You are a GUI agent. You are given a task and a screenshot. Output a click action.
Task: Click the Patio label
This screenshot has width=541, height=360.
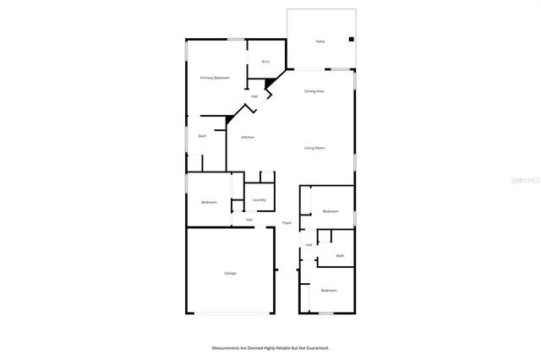click(320, 41)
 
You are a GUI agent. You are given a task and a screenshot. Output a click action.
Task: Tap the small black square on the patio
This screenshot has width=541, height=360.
click(351, 39)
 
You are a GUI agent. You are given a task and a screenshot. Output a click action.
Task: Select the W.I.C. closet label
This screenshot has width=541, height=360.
click(265, 62)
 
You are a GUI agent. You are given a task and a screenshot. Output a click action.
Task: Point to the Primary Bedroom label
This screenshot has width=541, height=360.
click(215, 78)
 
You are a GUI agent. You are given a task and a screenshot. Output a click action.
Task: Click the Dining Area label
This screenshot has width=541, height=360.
click(314, 90)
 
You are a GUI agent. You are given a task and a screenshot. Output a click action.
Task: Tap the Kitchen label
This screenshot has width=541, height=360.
click(248, 138)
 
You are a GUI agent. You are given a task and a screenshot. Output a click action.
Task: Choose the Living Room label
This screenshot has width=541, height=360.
click(314, 149)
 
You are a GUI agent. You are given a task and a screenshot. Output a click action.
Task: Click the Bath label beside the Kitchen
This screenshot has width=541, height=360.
click(202, 136)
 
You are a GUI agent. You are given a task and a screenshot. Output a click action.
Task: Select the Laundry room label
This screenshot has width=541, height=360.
click(259, 200)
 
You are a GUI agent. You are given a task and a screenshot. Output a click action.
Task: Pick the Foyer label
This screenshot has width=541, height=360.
click(287, 223)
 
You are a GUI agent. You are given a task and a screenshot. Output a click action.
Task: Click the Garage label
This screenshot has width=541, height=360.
click(230, 273)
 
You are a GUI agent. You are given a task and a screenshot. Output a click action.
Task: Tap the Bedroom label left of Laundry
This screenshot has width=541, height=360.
click(209, 202)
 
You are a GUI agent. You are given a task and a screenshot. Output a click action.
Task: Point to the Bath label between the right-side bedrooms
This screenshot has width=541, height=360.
click(340, 255)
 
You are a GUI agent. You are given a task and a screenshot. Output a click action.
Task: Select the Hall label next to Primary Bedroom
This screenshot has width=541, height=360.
click(254, 96)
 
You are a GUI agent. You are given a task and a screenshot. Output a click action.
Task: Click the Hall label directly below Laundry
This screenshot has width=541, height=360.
click(249, 220)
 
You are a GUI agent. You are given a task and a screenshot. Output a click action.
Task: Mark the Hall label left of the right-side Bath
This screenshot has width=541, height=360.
click(309, 245)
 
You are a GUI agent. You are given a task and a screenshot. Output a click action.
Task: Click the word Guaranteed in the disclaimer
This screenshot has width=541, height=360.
click(316, 347)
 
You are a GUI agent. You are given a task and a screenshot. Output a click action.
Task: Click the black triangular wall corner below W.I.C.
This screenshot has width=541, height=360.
click(270, 83)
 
